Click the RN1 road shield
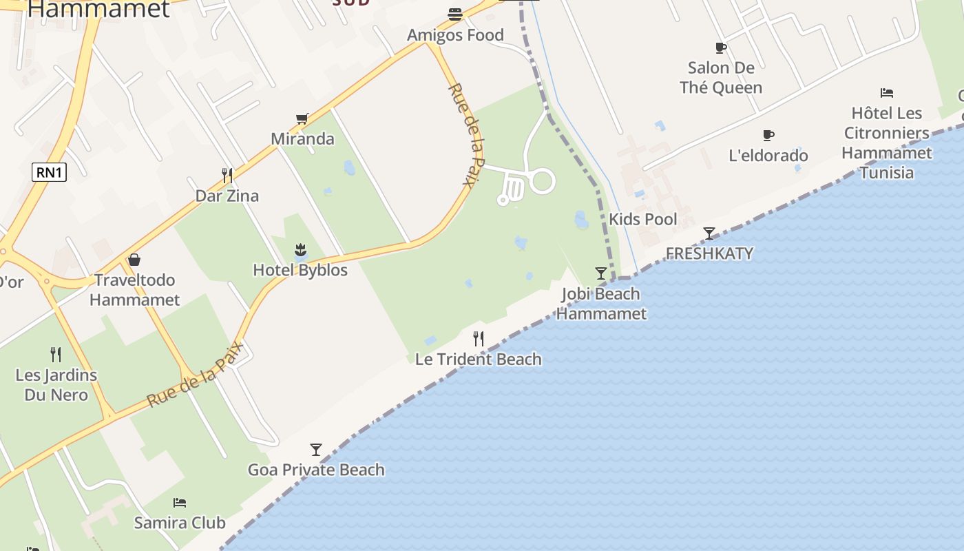coord(50,172)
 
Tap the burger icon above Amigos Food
coord(454,14)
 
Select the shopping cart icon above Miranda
coord(302,119)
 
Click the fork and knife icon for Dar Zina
coord(227,176)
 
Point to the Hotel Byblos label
coord(300,270)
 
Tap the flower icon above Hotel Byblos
coord(300,249)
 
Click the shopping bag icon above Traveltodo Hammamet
coord(134,260)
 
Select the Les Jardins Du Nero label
coord(56,385)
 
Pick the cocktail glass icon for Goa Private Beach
coord(316,450)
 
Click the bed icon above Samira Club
coord(180,503)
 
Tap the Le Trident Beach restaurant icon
coord(479,338)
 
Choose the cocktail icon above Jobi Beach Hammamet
coord(601,273)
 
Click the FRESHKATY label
coord(709,253)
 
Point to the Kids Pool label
coord(643,220)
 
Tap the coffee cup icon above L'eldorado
coord(768,135)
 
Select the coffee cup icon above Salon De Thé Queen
coord(721,48)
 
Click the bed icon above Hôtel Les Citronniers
coord(887,93)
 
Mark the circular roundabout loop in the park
coord(542,181)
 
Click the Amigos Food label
coord(455,35)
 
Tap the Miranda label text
coord(302,138)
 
